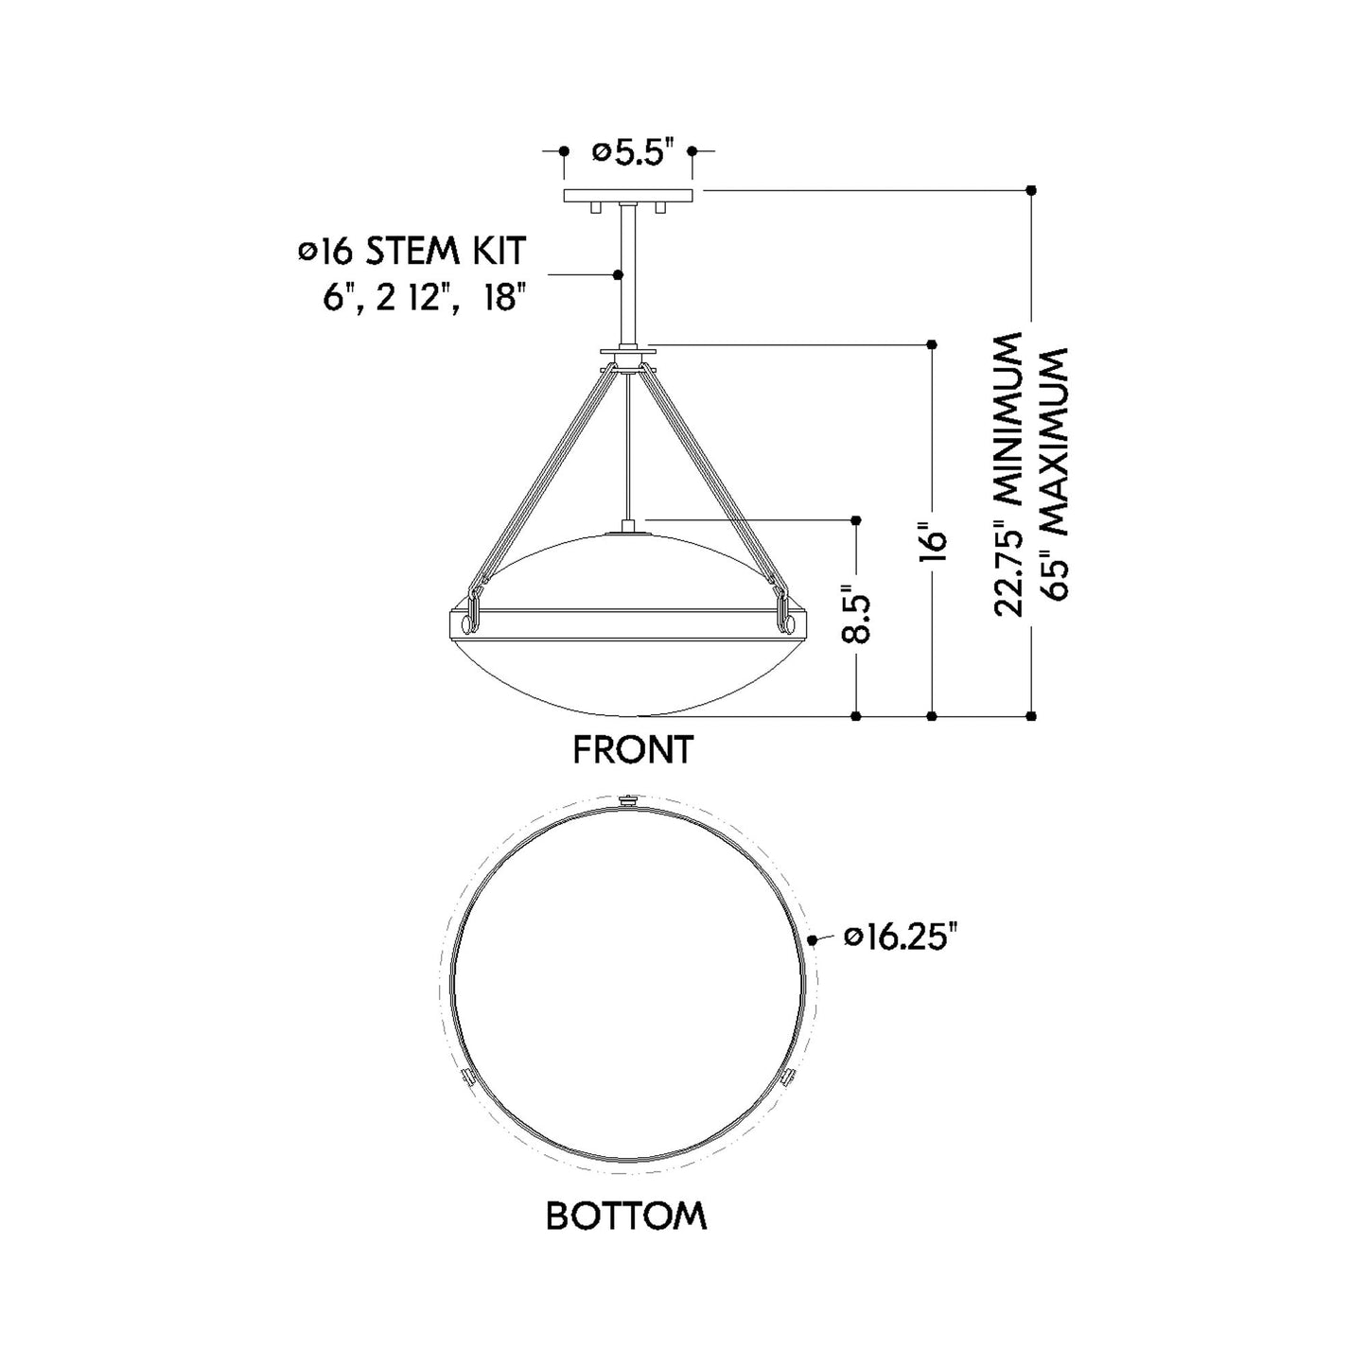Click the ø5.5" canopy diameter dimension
point(632,152)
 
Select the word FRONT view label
point(633,750)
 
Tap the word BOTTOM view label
point(626,1216)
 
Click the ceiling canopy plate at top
point(628,196)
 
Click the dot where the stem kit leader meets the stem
point(619,274)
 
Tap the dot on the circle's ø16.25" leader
point(814,939)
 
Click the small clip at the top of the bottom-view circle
point(627,800)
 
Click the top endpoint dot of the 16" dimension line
point(933,342)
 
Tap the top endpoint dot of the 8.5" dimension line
point(856,519)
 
